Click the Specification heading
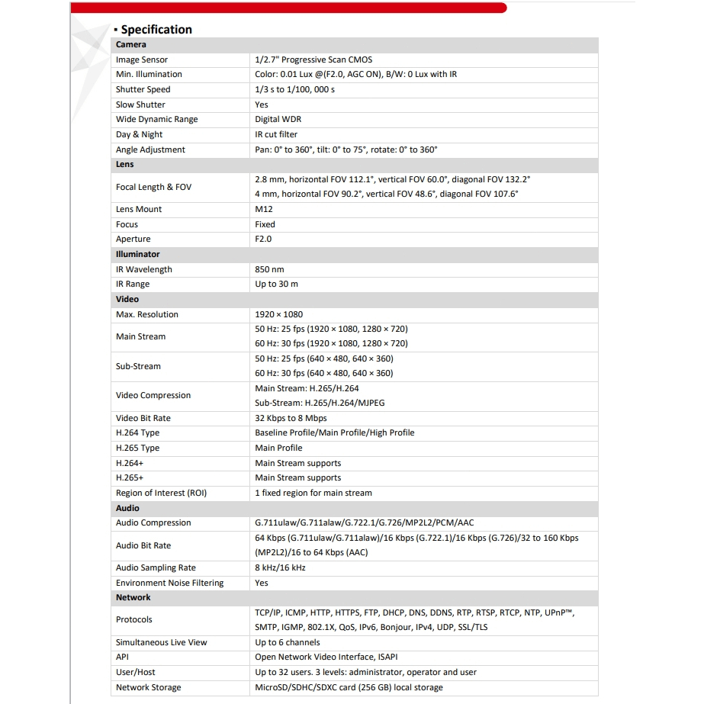coord(156,30)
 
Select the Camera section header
coord(130,45)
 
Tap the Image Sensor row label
coord(142,59)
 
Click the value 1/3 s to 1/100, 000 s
coord(294,89)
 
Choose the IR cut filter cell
coord(276,134)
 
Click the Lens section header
coord(125,164)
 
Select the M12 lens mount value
coord(264,209)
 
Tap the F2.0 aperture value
coord(263,239)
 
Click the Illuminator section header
coord(137,254)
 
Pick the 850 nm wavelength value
coord(269,269)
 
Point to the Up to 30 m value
coord(276,284)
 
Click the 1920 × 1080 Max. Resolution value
coord(279,314)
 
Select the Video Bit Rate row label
coord(143,418)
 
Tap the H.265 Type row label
coord(137,448)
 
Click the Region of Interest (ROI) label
coord(161,493)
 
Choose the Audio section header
coord(127,508)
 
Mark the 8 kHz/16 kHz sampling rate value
coord(280,567)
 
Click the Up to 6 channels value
coord(288,642)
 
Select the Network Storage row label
coord(149,687)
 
